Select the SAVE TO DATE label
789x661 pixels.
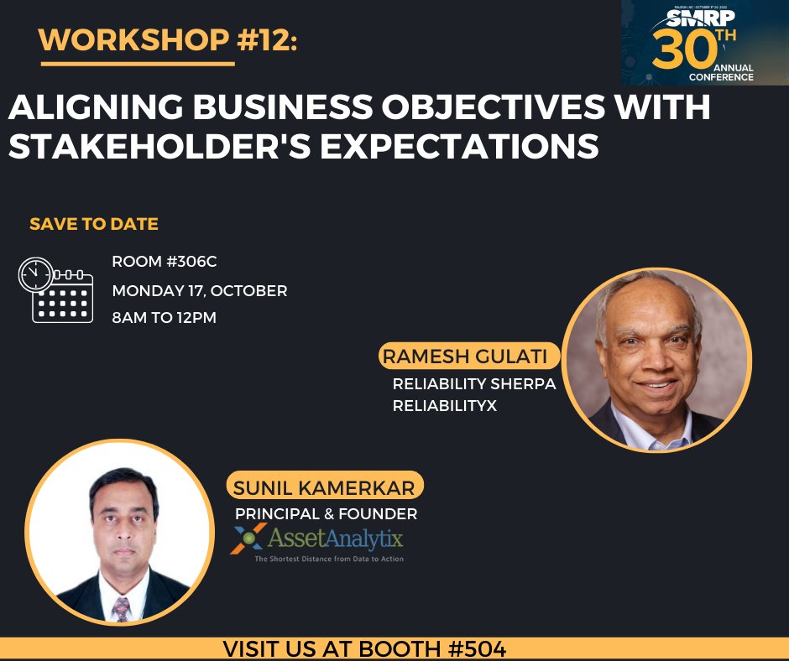pyautogui.click(x=94, y=224)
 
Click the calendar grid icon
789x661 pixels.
pyautogui.click(x=63, y=298)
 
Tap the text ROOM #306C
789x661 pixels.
pyautogui.click(x=165, y=262)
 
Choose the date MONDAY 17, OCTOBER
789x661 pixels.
pyautogui.click(x=200, y=291)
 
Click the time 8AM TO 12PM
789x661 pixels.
pyautogui.click(x=165, y=319)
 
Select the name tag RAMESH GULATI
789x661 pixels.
pyautogui.click(x=464, y=357)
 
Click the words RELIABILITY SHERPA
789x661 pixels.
pyautogui.click(x=474, y=384)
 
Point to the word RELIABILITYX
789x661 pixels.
pyautogui.click(x=445, y=405)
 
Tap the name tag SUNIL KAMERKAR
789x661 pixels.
pyautogui.click(x=325, y=487)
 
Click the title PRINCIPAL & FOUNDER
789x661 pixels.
pyautogui.click(x=326, y=513)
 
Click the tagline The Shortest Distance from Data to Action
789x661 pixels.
pyautogui.click(x=329, y=558)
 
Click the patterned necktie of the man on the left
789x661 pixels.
pyautogui.click(x=122, y=607)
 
